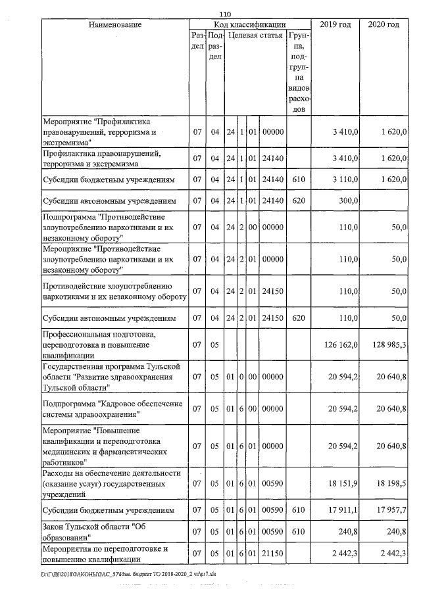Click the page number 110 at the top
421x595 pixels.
[x=226, y=14]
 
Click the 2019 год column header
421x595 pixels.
[x=335, y=24]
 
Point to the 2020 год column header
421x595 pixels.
[x=384, y=24]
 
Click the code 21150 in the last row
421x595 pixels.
[x=272, y=553]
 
